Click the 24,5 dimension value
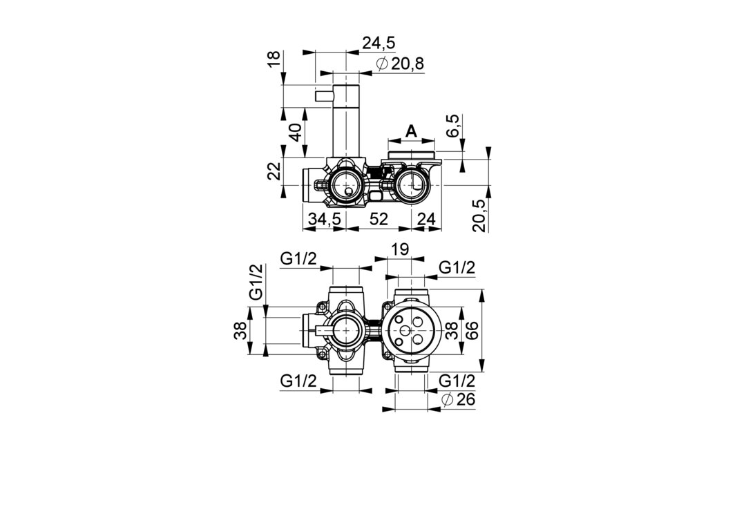[x=379, y=43]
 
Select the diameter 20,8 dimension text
[x=400, y=64]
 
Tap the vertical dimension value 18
[x=275, y=59]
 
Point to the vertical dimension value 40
[x=296, y=132]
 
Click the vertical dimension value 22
[x=274, y=171]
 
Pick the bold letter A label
[x=411, y=131]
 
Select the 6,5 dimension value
[x=453, y=126]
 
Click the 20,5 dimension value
[x=481, y=215]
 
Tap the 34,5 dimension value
[x=325, y=219]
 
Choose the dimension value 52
[x=379, y=219]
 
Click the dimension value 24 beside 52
[x=426, y=219]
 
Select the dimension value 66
[x=470, y=330]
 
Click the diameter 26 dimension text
[x=458, y=399]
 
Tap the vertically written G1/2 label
[x=256, y=282]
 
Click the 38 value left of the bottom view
[x=242, y=330]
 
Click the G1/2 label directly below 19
[x=457, y=268]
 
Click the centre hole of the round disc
[x=405, y=331]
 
